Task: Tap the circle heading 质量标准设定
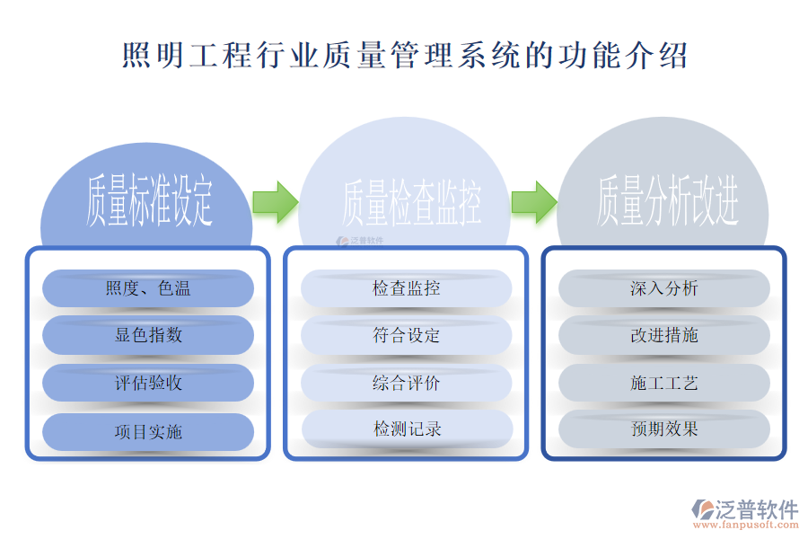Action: [x=148, y=201]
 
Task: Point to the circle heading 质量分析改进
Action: [x=667, y=201]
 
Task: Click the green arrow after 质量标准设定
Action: [x=275, y=201]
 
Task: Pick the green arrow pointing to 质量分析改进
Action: [x=534, y=201]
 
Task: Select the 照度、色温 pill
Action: [x=148, y=288]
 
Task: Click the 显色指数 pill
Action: [x=148, y=335]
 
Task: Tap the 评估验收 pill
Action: [x=148, y=383]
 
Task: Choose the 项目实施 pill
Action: [x=148, y=431]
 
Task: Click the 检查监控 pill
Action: [x=406, y=288]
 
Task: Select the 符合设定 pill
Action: [x=406, y=335]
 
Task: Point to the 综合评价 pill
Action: [x=406, y=383]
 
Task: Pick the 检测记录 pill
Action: [x=406, y=429]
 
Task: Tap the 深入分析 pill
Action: [x=664, y=288]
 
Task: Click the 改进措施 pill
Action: [x=664, y=335]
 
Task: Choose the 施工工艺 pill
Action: [x=664, y=383]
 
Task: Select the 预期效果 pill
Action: [x=664, y=429]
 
